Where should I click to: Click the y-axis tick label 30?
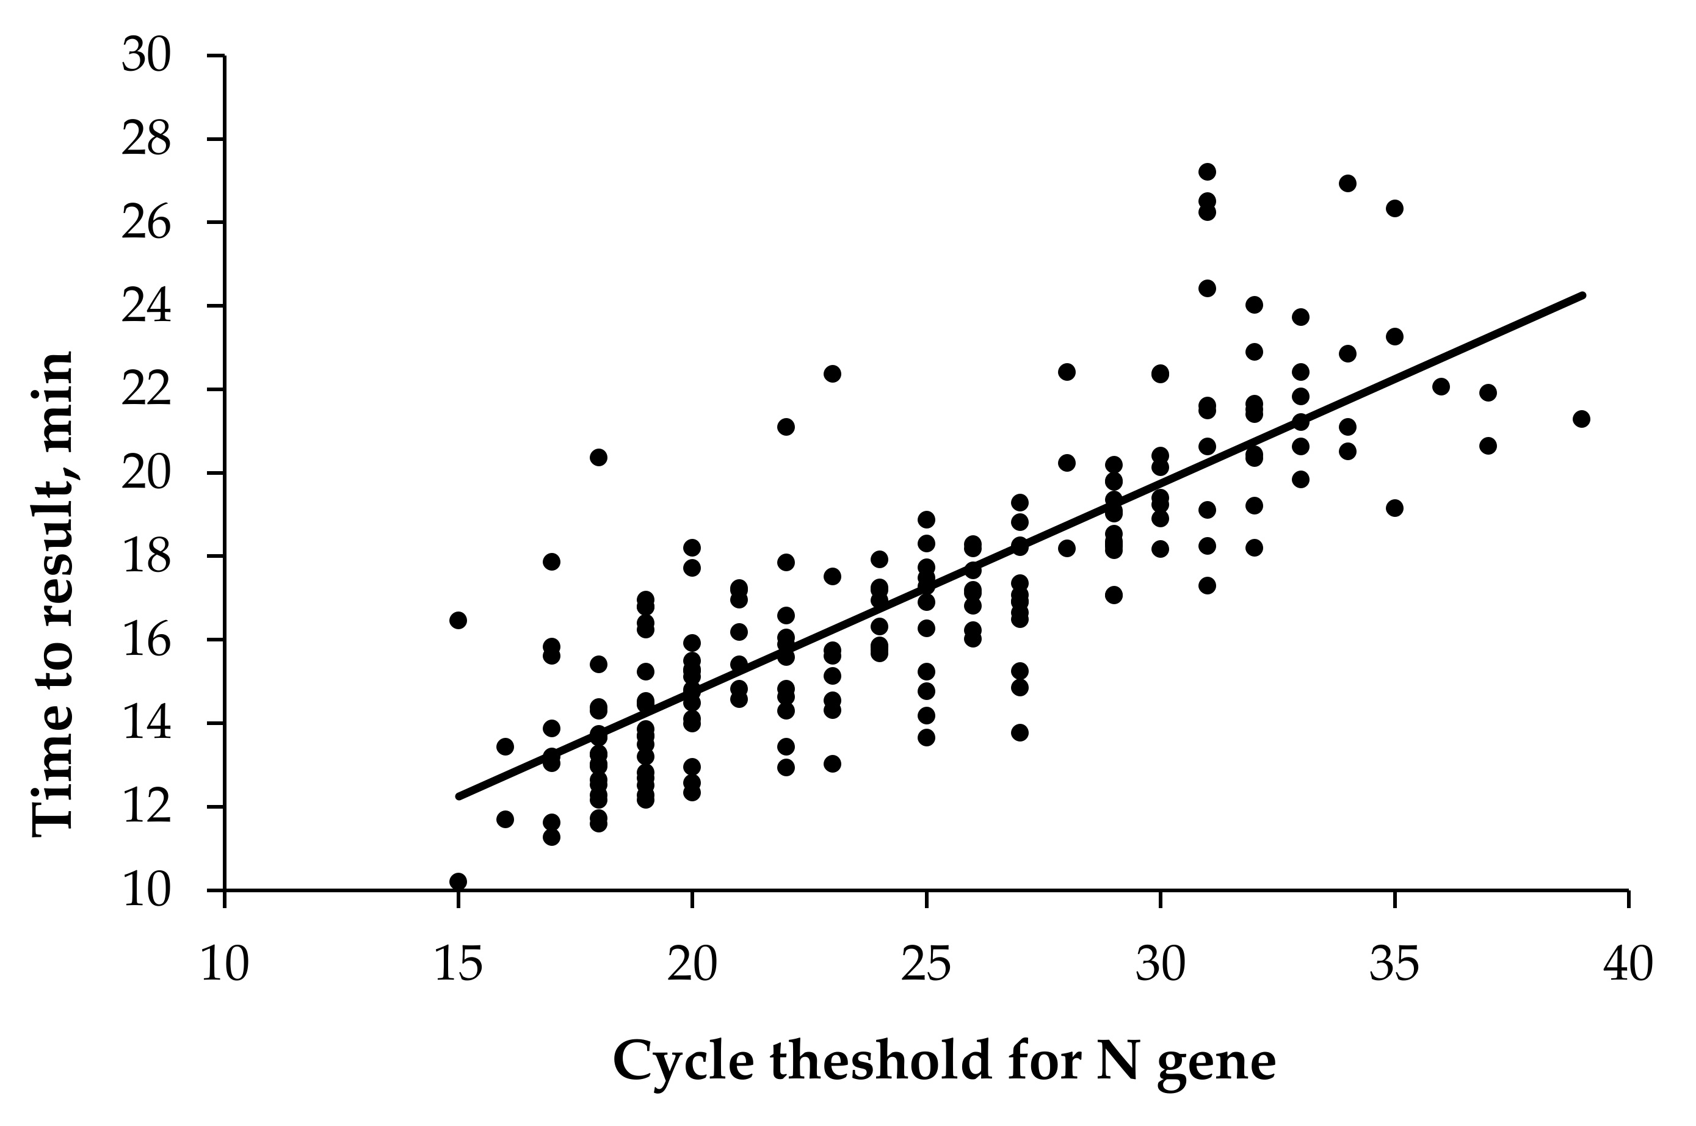pos(146,56)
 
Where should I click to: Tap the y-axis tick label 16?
pos(146,641)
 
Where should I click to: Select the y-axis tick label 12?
pos(146,808)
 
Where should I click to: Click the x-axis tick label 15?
pos(458,964)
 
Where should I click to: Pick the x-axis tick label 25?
pos(926,964)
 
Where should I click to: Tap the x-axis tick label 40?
pos(1628,964)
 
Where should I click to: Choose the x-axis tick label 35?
pos(1394,964)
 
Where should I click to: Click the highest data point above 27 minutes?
pos(1207,171)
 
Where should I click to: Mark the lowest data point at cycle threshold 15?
pos(458,881)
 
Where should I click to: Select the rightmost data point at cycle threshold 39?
pos(1581,419)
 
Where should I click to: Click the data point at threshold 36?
pos(1441,386)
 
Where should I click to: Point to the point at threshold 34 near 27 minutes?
pos(1347,183)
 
